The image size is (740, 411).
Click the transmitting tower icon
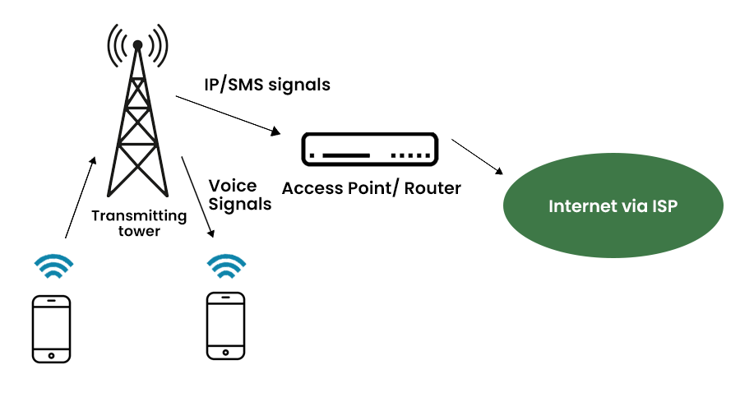[137, 123]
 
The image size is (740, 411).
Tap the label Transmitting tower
[138, 224]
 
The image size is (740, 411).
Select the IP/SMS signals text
[267, 84]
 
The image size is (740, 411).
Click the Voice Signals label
[239, 195]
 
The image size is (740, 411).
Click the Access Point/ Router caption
[371, 188]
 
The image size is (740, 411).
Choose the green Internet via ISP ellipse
[613, 206]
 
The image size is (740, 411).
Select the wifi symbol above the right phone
[226, 266]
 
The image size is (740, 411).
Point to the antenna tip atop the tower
[137, 44]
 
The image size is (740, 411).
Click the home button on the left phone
[51, 356]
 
